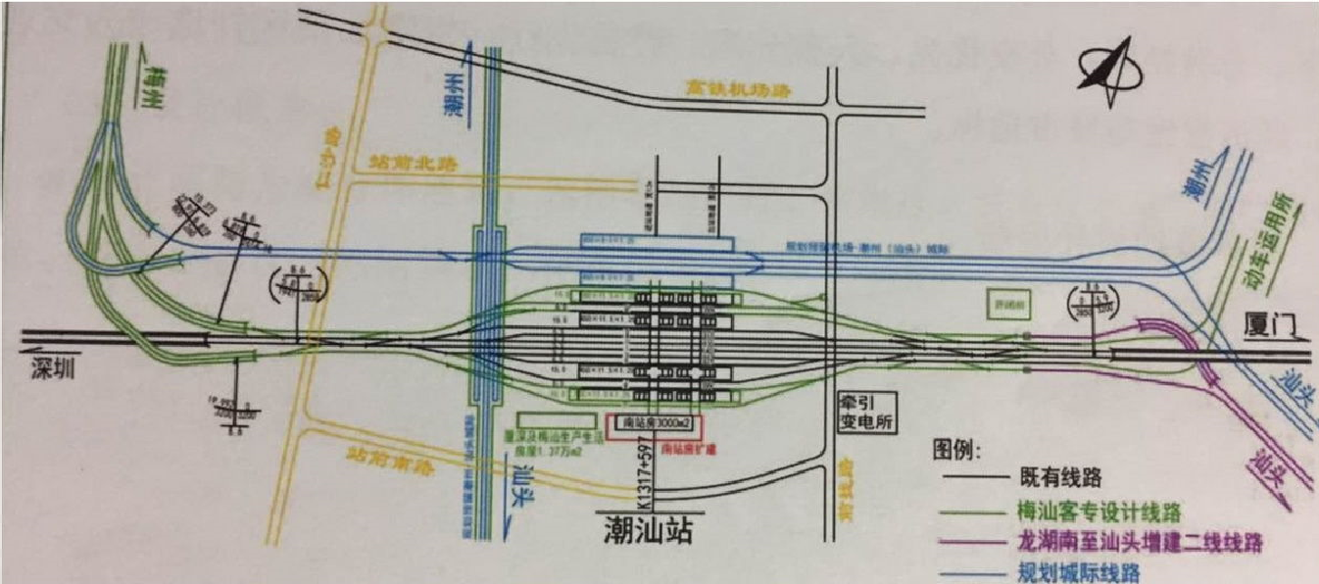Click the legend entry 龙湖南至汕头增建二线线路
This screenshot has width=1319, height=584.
point(1145,541)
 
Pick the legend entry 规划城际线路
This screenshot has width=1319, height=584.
point(1079,572)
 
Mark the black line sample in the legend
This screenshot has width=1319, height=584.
point(976,480)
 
